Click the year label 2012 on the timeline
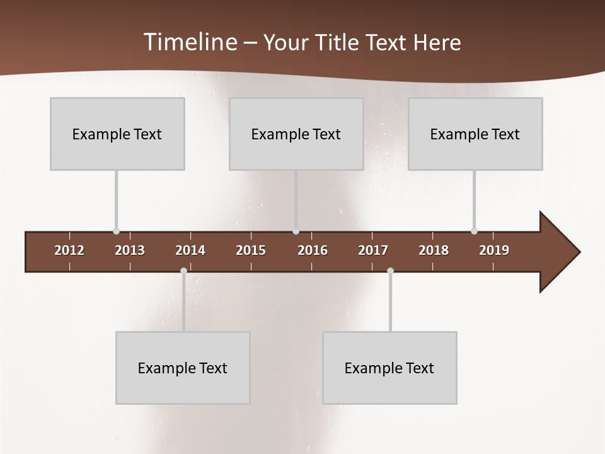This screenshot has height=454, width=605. coord(69,250)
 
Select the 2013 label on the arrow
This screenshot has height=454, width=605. coord(130,250)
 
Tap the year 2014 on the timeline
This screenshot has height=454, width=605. coord(190,250)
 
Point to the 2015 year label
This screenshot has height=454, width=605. coord(251,250)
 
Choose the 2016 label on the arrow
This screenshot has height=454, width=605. coord(313,250)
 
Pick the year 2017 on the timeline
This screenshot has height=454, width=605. coord(373,250)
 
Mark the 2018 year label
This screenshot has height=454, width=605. coord(434,250)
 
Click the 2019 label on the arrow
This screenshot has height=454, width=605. coord(494,250)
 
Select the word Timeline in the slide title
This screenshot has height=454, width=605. coord(189,42)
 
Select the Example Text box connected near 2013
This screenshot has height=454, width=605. coord(117,134)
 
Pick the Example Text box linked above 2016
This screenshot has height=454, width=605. coord(296,134)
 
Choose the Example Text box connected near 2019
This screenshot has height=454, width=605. coord(475,134)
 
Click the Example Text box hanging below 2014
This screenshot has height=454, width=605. coord(183,368)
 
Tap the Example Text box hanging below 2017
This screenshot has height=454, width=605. coord(389,368)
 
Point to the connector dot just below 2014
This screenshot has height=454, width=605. coord(183,271)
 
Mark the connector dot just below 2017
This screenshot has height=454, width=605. coord(390,271)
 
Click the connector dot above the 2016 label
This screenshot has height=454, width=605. coord(296,231)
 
